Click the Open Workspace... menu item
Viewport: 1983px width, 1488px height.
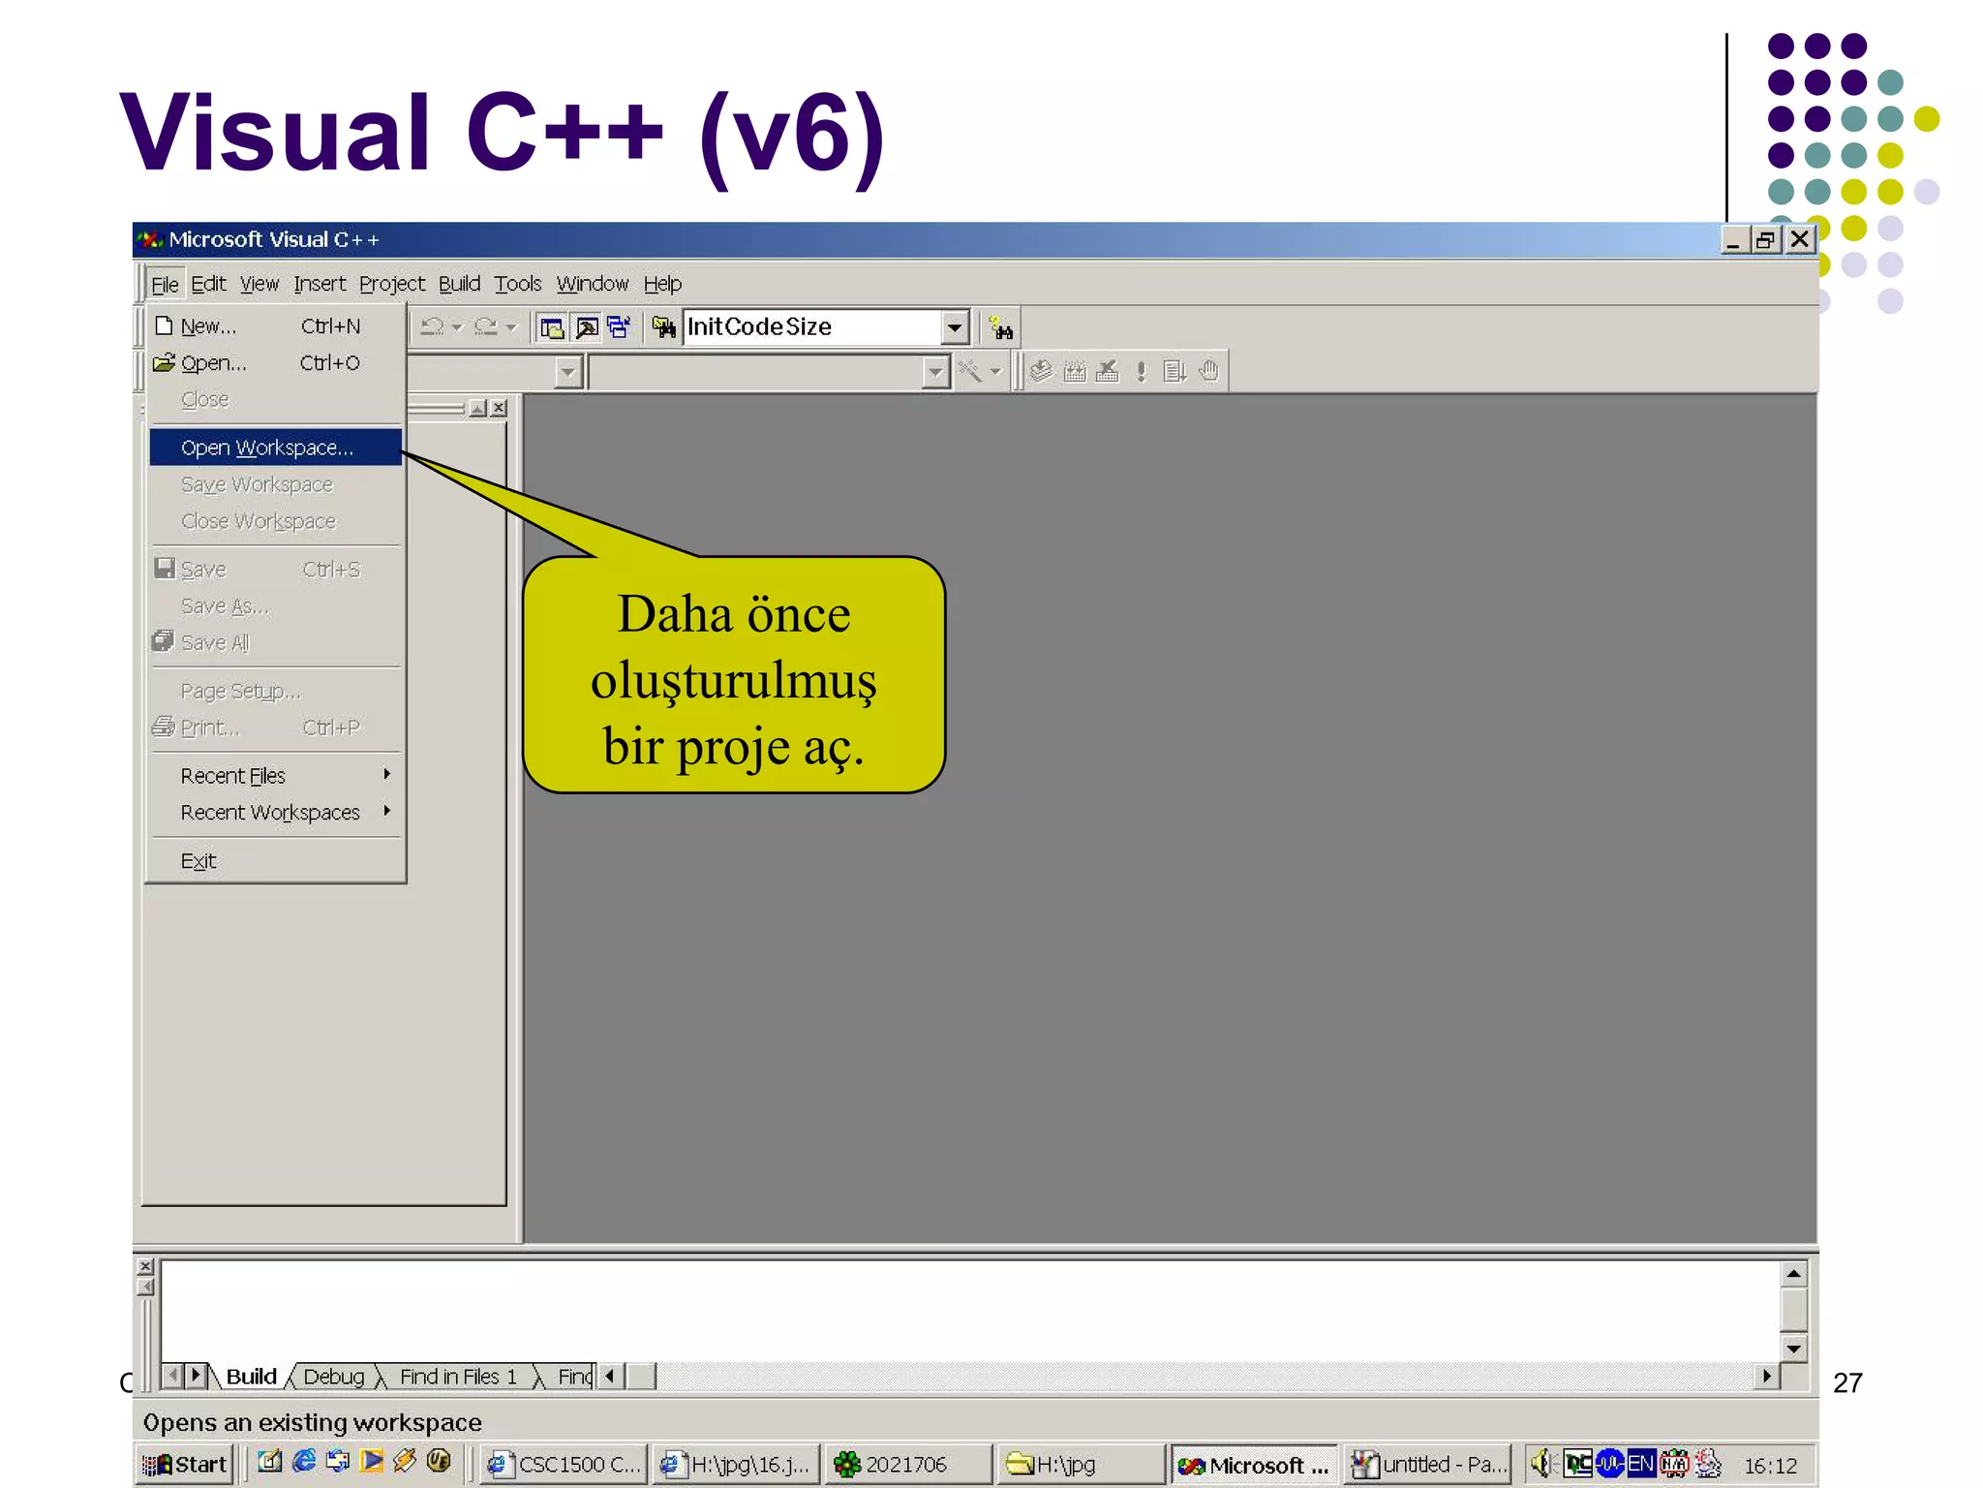pyautogui.click(x=267, y=448)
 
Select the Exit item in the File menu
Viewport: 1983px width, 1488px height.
pyautogui.click(x=198, y=861)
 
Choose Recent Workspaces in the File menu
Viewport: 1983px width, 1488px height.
pyautogui.click(x=271, y=813)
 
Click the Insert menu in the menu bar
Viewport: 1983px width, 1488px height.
pyautogui.click(x=320, y=284)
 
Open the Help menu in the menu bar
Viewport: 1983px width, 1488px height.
pyautogui.click(x=662, y=284)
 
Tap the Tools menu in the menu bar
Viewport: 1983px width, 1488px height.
pyautogui.click(x=517, y=284)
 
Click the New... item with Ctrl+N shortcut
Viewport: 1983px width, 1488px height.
pyautogui.click(x=209, y=326)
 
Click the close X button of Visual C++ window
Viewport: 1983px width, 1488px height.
pyautogui.click(x=1799, y=239)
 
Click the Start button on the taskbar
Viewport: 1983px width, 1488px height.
pyautogui.click(x=186, y=1464)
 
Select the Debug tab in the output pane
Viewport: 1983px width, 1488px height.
pyautogui.click(x=333, y=1377)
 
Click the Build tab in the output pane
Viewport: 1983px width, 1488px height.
pyautogui.click(x=251, y=1377)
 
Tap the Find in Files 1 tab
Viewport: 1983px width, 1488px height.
pyautogui.click(x=458, y=1377)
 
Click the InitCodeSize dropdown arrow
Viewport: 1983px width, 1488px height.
pyautogui.click(x=955, y=327)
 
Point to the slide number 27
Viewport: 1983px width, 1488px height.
pyautogui.click(x=1847, y=1382)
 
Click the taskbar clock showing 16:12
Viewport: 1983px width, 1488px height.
pyautogui.click(x=1770, y=1465)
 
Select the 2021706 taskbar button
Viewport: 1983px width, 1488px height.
pyautogui.click(x=906, y=1464)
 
